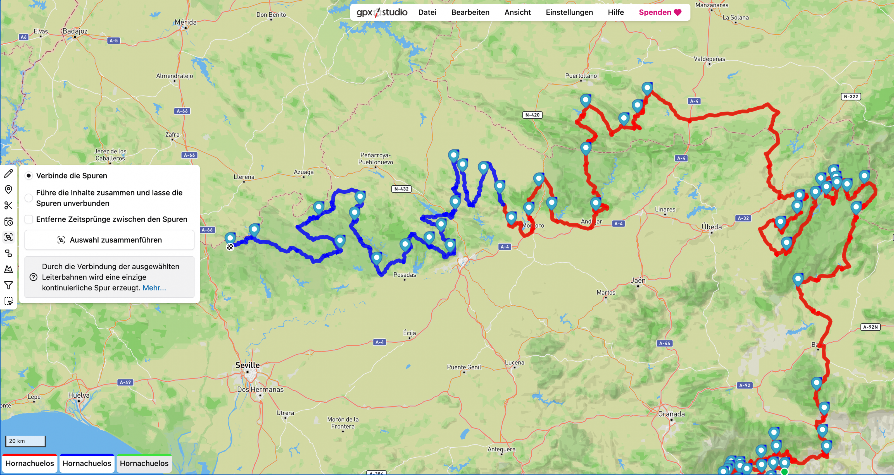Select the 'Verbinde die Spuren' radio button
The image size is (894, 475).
click(x=29, y=176)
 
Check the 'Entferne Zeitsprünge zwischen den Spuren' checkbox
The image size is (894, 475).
click(x=29, y=219)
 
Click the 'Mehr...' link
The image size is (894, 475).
click(x=154, y=288)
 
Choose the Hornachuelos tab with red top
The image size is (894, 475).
click(x=30, y=463)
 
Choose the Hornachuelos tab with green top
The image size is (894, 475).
click(x=144, y=463)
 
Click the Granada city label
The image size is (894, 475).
click(x=671, y=414)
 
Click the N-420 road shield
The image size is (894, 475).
click(x=532, y=115)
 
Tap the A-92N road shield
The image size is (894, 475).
click(x=870, y=327)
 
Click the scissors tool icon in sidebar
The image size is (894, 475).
click(x=9, y=206)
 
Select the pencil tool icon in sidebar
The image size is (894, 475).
click(x=9, y=173)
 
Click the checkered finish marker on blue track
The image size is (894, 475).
click(x=230, y=247)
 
